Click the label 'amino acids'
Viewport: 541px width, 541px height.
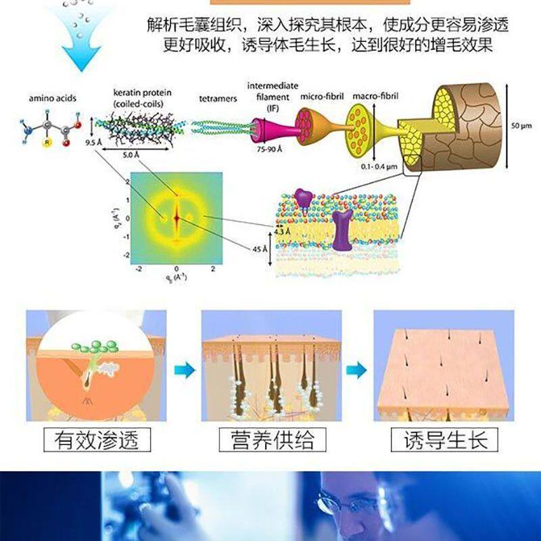coord(52,99)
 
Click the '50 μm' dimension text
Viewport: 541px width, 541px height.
coord(521,126)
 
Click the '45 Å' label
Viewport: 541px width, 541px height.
coord(260,250)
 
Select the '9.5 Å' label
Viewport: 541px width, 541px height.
coord(93,143)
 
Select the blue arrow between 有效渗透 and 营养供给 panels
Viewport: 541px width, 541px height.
coord(183,370)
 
